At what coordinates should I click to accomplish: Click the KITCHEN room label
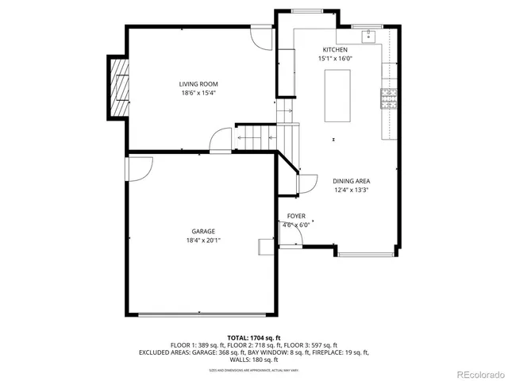click(x=334, y=50)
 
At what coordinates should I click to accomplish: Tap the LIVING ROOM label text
click(x=198, y=84)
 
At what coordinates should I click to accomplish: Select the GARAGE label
click(x=203, y=231)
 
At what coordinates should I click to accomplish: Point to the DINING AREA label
click(x=352, y=181)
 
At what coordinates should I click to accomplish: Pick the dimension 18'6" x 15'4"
click(x=198, y=93)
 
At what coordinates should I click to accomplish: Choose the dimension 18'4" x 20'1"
click(x=203, y=240)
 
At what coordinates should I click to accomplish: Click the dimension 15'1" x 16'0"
click(x=335, y=59)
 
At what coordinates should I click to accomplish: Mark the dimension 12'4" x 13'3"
click(x=352, y=190)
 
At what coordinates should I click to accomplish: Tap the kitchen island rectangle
click(x=337, y=95)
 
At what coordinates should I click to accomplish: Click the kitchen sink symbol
click(x=368, y=36)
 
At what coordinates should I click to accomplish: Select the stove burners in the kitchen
click(x=389, y=98)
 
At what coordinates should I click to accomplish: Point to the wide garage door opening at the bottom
click(x=202, y=314)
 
